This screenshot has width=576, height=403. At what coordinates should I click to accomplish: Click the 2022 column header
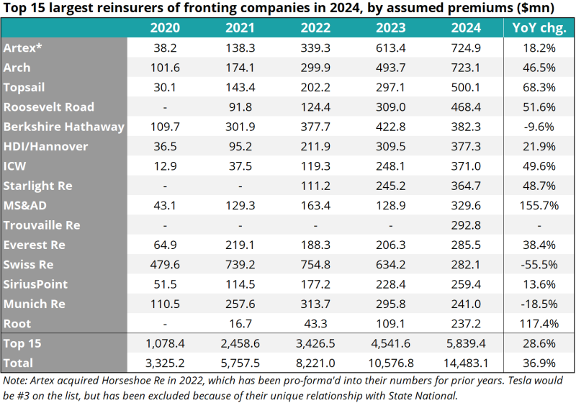pyautogui.click(x=315, y=29)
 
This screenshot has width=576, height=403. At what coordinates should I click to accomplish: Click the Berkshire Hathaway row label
pyautogui.click(x=64, y=127)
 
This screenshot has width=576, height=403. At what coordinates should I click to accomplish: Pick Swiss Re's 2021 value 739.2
pyautogui.click(x=240, y=265)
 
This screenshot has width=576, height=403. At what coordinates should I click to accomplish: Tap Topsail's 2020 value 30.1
pyautogui.click(x=165, y=88)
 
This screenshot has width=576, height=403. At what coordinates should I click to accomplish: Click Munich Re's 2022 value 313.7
pyautogui.click(x=315, y=304)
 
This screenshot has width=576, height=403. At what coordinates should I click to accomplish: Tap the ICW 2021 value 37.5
pyautogui.click(x=240, y=166)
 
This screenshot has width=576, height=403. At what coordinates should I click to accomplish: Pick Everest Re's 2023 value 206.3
pyautogui.click(x=390, y=245)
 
